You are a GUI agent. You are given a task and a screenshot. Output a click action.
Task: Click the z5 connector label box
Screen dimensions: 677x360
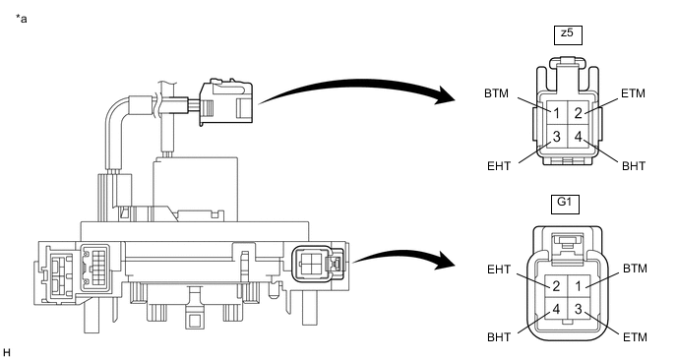click(568, 35)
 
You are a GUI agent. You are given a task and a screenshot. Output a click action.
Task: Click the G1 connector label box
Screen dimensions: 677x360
click(565, 205)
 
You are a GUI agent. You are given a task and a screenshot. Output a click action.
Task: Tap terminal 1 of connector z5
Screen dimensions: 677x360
click(557, 113)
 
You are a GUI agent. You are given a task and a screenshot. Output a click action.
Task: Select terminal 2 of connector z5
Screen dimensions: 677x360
click(579, 113)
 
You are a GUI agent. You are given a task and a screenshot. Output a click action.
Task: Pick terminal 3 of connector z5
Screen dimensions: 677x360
click(557, 137)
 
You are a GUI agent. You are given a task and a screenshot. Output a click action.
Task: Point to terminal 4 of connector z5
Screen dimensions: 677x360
click(579, 137)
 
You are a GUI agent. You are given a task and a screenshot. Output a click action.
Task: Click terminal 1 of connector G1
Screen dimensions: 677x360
click(578, 286)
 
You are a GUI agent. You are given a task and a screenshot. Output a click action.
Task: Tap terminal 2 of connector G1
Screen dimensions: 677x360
click(556, 286)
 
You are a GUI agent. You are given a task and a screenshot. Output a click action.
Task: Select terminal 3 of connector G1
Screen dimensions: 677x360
click(578, 308)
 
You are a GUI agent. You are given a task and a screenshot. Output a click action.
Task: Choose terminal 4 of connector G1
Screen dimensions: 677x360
click(556, 308)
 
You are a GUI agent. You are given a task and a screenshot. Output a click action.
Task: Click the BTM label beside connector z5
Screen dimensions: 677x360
click(497, 93)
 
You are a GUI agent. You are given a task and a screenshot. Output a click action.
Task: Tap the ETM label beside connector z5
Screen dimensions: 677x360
click(633, 93)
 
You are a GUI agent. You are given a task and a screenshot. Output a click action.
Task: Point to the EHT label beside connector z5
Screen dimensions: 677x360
click(499, 166)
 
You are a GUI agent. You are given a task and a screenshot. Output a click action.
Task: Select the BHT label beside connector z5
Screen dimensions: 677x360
click(634, 166)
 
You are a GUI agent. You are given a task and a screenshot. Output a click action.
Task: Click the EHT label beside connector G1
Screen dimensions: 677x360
click(499, 270)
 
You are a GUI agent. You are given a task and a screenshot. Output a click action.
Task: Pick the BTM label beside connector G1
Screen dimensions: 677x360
click(635, 269)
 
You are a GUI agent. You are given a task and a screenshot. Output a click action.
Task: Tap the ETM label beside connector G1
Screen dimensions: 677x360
click(635, 336)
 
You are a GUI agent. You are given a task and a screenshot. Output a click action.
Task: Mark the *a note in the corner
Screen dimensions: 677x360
click(22, 19)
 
